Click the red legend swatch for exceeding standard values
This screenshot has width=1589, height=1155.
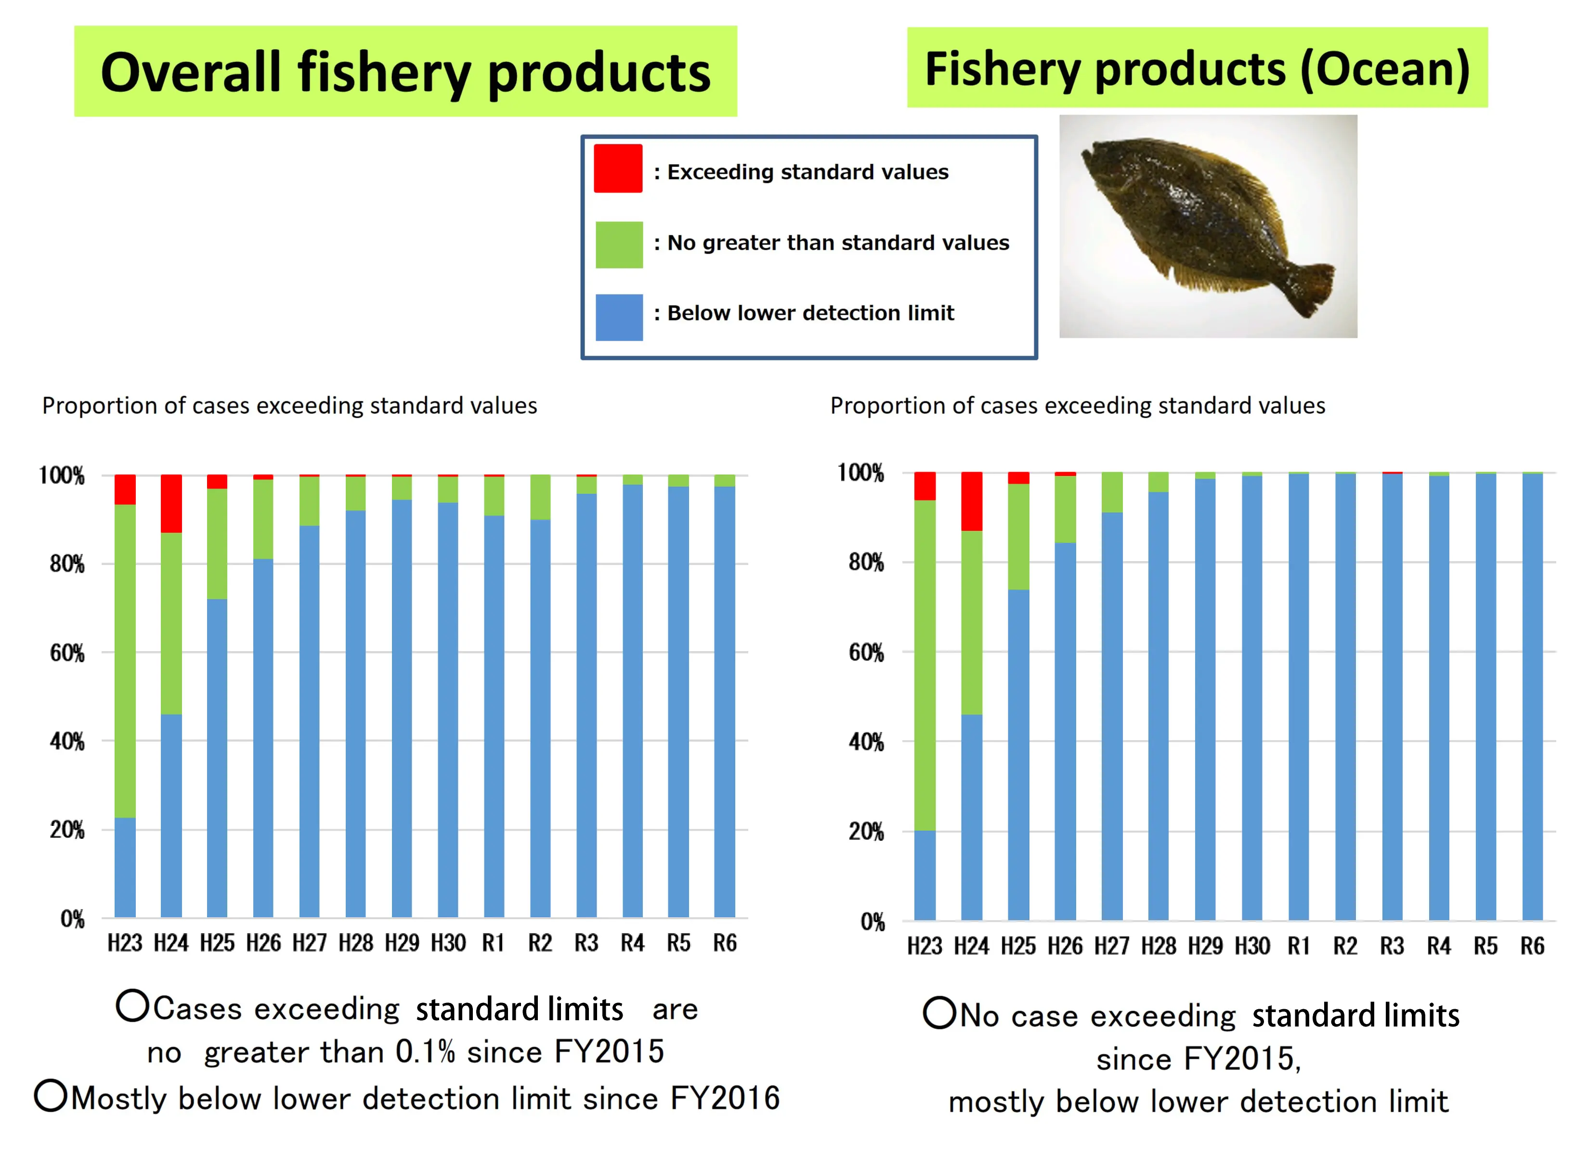(618, 168)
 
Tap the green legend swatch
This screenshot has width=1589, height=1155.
(619, 244)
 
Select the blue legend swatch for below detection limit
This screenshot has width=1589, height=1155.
(619, 317)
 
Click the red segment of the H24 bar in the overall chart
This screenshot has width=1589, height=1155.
(171, 503)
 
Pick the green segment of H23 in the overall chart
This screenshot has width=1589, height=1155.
(125, 660)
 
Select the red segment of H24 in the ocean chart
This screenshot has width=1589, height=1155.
(971, 501)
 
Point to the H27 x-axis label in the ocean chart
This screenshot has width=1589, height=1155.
(1112, 946)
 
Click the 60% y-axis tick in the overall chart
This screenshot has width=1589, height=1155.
(67, 653)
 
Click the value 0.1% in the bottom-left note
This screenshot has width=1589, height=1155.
(425, 1052)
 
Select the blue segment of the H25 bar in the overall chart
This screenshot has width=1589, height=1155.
(217, 757)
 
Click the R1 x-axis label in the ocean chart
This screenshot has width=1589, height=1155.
(1298, 946)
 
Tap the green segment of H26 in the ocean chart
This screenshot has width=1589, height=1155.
(1065, 509)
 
